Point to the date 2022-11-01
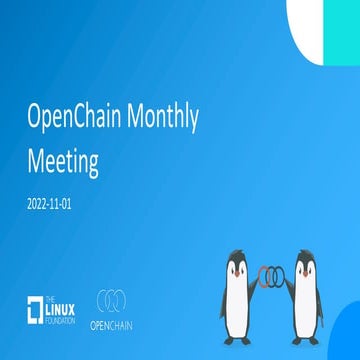(x=53, y=202)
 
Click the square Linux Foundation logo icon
(x=37, y=309)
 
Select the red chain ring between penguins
(x=262, y=276)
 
